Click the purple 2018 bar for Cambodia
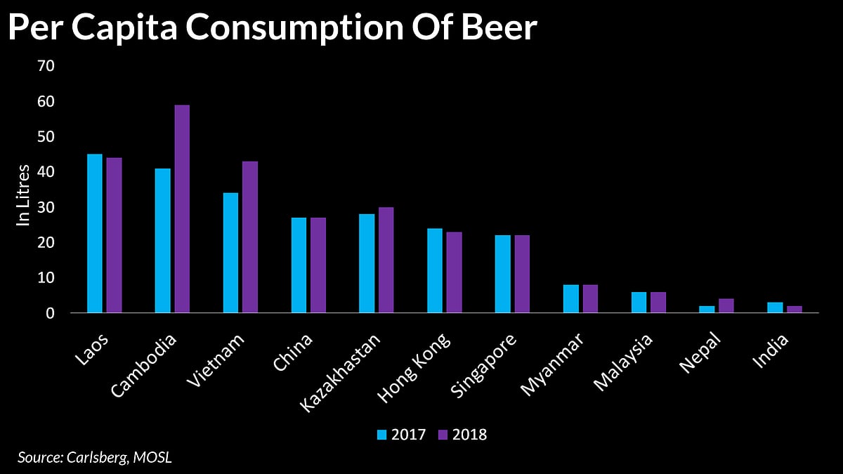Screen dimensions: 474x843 (x=182, y=209)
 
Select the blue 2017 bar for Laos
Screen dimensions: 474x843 (x=94, y=233)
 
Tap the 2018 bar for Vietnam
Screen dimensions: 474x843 (x=250, y=237)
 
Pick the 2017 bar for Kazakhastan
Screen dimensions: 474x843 (x=367, y=263)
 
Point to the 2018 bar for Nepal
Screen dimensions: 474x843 (x=726, y=305)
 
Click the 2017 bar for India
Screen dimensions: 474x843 (x=775, y=308)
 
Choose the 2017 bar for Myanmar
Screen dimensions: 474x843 (x=571, y=298)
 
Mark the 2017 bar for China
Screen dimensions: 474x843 (x=299, y=265)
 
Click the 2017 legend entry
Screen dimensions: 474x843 (x=401, y=434)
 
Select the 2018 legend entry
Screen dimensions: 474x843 (x=462, y=434)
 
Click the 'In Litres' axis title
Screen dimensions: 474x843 (x=24, y=195)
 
